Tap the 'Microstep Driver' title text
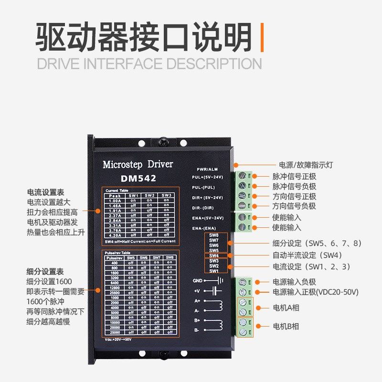[x=138, y=164]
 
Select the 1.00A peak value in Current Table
[x=115, y=200]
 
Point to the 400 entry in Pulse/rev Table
[x=115, y=263]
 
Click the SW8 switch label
[x=213, y=235]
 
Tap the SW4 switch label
[x=213, y=255]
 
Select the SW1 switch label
[x=213, y=271]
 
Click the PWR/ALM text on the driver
[x=207, y=170]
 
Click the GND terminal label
[x=198, y=281]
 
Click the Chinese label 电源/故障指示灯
[x=303, y=165]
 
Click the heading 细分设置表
[x=46, y=271]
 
